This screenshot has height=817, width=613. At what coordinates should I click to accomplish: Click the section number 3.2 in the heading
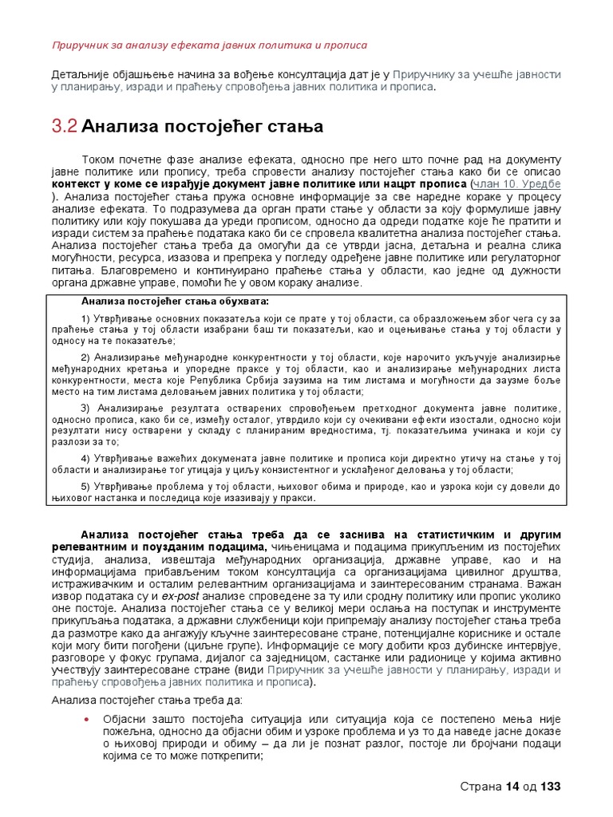[64, 125]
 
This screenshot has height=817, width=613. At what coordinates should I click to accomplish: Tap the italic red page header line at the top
[209, 45]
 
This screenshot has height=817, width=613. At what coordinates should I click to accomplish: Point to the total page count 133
[552, 787]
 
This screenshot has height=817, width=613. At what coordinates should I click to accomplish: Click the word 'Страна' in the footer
[481, 787]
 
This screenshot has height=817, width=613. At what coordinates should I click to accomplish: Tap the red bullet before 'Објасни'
[86, 720]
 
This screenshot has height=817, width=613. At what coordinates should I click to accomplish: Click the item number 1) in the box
[86, 320]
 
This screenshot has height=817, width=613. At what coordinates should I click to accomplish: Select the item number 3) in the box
[86, 408]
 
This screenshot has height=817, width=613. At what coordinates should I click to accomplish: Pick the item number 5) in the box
[86, 486]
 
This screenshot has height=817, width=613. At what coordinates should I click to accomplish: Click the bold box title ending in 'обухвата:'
[176, 302]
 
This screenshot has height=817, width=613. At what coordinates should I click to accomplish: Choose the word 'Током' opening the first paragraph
[99, 160]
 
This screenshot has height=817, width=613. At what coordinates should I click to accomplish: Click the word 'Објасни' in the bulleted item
[125, 720]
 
